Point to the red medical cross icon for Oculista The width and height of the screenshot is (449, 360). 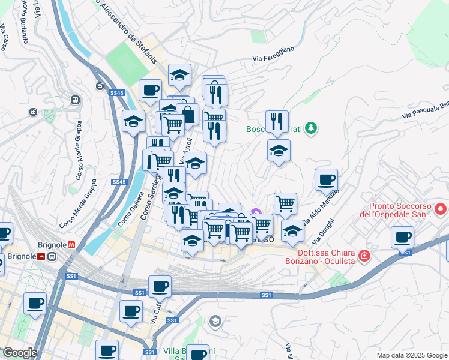(363, 256)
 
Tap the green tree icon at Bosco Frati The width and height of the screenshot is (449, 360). (310, 128)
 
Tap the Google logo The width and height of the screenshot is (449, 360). (19, 353)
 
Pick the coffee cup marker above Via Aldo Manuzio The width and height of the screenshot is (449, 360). (326, 179)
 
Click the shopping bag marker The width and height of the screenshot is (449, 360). (187, 114)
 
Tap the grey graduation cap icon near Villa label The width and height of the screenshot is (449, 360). (215, 322)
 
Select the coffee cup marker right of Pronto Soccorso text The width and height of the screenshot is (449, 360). (402, 237)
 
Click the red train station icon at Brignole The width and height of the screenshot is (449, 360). (41, 257)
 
